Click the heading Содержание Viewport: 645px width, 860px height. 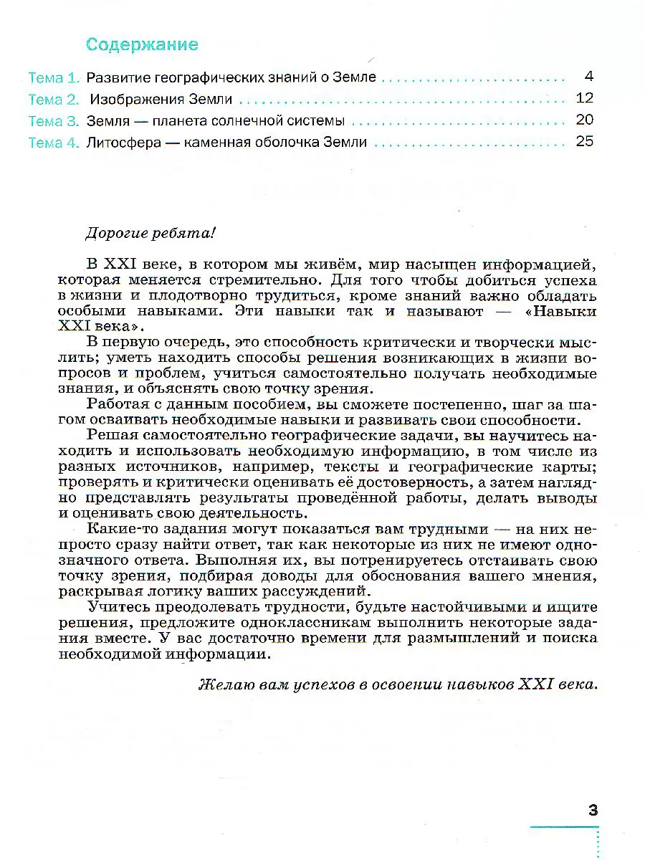click(141, 44)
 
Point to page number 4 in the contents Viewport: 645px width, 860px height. click(588, 77)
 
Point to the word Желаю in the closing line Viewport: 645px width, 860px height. click(224, 684)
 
